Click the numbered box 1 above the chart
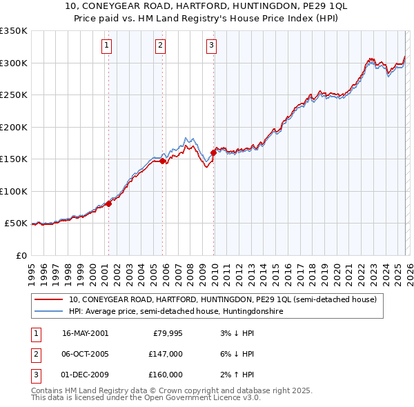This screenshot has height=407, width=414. click(x=108, y=46)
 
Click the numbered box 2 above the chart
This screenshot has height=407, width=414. click(x=160, y=46)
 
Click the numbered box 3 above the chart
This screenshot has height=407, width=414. click(x=211, y=46)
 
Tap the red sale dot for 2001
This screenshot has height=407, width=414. click(x=109, y=203)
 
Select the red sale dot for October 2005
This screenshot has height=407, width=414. click(x=163, y=161)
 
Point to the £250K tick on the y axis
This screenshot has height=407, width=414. click(x=13, y=95)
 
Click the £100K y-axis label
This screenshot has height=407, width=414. click(x=13, y=191)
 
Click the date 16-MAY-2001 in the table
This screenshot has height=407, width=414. click(x=85, y=333)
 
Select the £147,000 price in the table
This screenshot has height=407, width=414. click(x=166, y=354)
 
